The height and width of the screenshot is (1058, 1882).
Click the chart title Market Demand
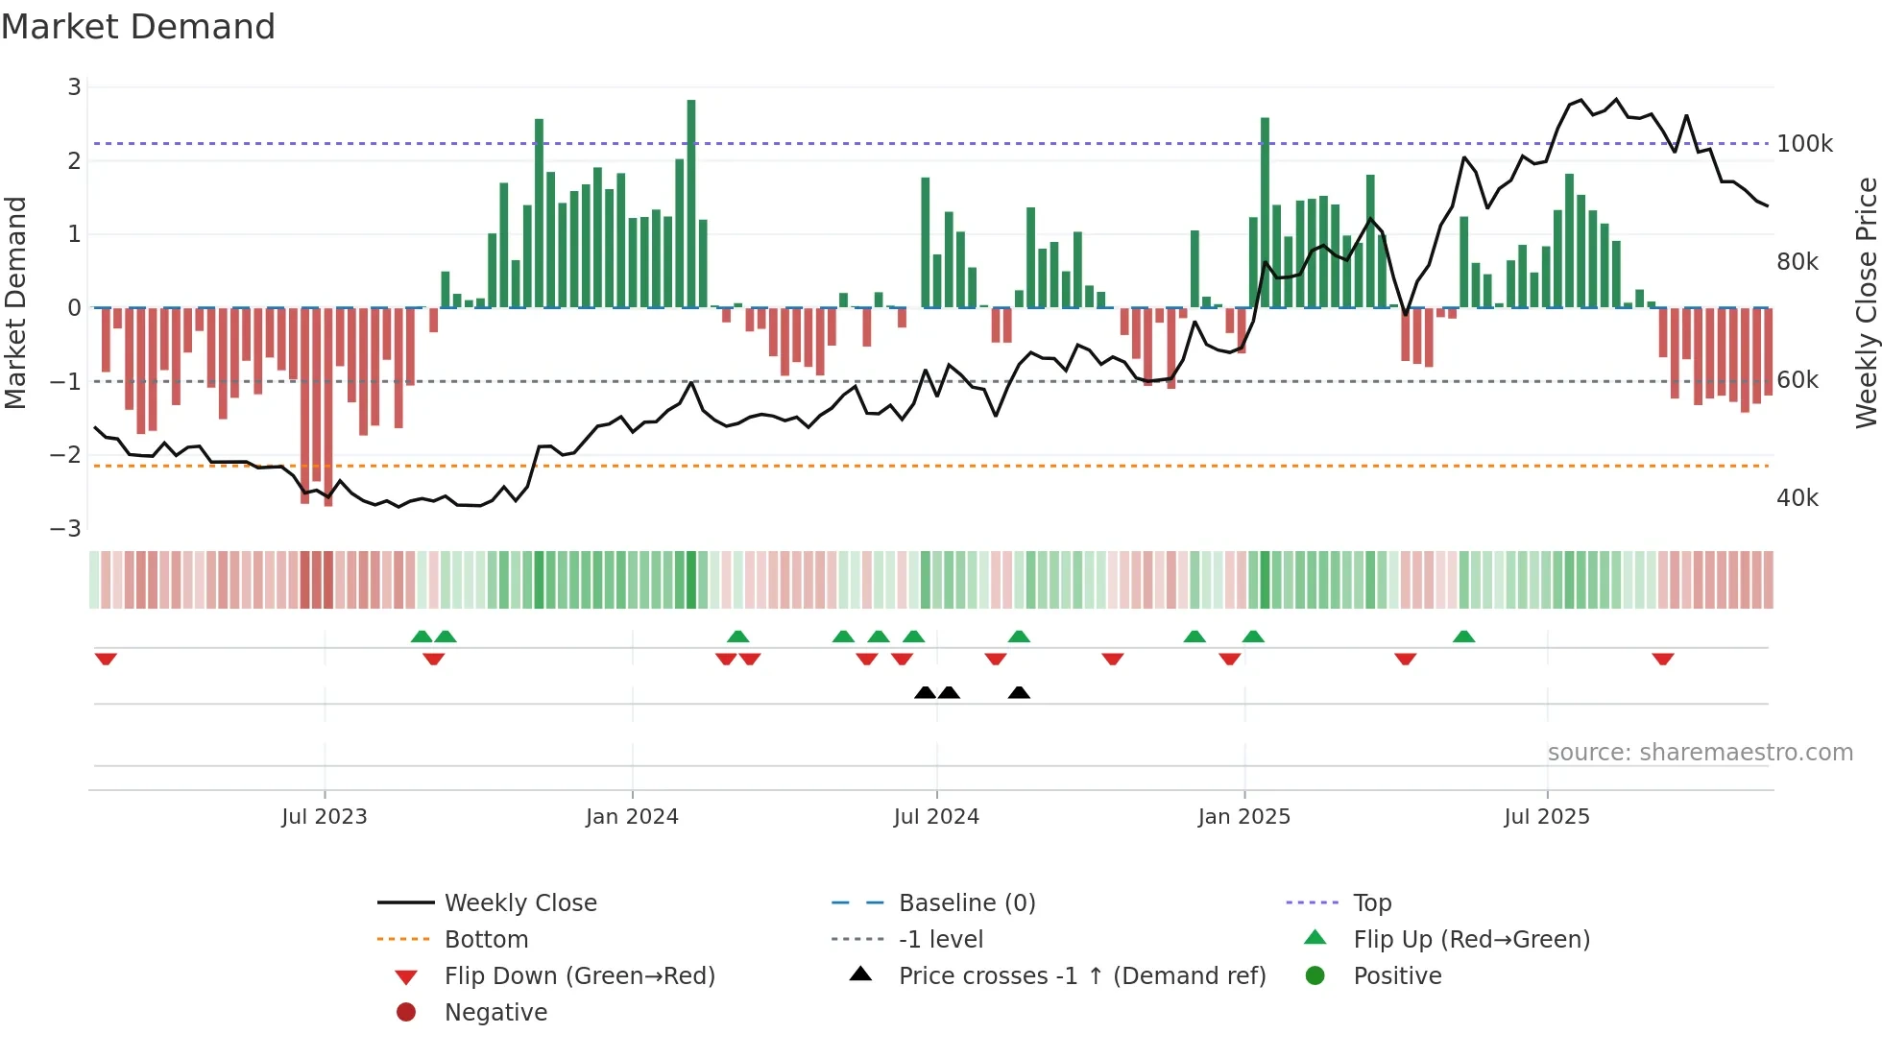click(138, 27)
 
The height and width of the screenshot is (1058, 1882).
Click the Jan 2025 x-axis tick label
click(1243, 817)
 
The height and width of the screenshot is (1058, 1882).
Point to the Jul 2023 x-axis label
click(325, 817)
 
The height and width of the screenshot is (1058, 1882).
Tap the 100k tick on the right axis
click(1804, 144)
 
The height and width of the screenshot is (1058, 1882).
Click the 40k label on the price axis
click(1797, 498)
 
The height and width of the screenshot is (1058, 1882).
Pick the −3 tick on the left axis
click(66, 529)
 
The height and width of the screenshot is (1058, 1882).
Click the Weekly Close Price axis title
click(1866, 302)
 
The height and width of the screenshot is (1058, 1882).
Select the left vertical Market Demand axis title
click(15, 302)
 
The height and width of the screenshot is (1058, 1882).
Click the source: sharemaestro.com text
click(1700, 753)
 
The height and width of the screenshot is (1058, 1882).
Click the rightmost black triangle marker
click(1019, 693)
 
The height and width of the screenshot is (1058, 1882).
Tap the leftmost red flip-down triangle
click(106, 659)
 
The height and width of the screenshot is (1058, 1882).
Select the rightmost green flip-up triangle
click(1463, 637)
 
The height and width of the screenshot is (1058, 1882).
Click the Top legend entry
click(1371, 903)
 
